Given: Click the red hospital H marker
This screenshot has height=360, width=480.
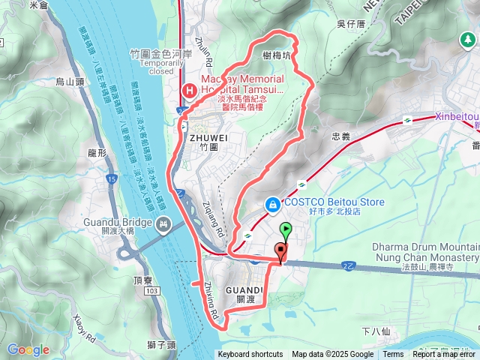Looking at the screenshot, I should (189, 91).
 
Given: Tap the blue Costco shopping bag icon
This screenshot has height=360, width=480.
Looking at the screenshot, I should (271, 203).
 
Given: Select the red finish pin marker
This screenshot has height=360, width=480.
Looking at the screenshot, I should (281, 252).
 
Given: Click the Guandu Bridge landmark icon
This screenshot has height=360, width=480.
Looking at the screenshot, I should (163, 223).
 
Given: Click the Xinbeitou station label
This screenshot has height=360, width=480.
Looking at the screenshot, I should (457, 116).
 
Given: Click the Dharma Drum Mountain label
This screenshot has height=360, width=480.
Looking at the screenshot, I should (424, 247).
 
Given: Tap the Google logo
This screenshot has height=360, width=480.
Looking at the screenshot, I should (28, 349).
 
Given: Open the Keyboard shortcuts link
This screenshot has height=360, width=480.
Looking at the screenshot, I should (250, 355).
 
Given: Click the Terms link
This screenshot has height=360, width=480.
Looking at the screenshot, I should (393, 355).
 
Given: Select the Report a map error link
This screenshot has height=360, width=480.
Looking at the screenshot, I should (444, 355).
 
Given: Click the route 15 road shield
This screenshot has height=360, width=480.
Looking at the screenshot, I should (112, 179).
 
